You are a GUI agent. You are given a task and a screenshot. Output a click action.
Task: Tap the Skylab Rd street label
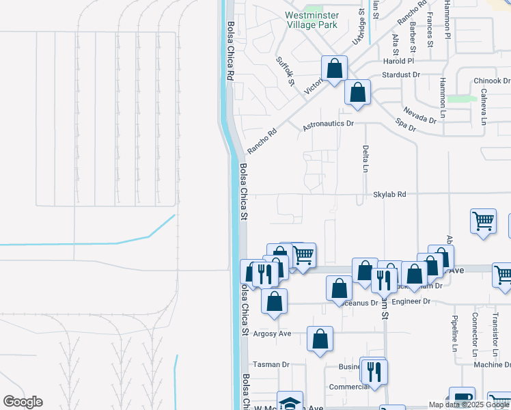pos(389,195)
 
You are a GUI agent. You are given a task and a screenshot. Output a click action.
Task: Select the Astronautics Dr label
pos(328,124)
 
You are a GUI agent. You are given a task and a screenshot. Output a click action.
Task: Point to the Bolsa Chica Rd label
pos(230,51)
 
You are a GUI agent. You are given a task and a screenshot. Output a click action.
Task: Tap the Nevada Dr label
pos(419,114)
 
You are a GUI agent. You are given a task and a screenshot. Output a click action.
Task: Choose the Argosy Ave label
pos(273,333)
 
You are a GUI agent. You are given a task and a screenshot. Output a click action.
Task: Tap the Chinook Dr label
pos(492,81)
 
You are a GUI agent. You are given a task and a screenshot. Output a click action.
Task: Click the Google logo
pos(23,402)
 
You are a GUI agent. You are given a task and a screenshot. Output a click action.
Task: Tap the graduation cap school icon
pos(290,402)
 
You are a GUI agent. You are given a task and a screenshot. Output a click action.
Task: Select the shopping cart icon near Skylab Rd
pos(483,221)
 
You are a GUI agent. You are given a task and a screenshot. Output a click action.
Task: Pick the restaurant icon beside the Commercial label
pos(374,371)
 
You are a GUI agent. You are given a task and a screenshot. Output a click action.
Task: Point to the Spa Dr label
pos(406,126)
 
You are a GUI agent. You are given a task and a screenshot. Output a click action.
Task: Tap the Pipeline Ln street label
pos(454,333)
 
